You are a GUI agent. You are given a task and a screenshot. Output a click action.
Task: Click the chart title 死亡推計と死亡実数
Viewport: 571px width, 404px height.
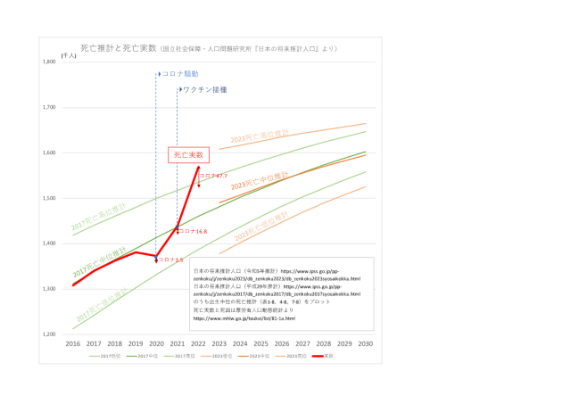(x=106, y=47)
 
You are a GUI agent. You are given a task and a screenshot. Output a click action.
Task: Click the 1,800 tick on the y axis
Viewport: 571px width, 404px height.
(x=48, y=62)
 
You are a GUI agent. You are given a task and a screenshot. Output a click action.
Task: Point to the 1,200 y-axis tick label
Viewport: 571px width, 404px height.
(x=48, y=334)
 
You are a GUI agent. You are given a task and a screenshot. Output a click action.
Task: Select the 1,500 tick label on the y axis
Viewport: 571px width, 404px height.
(x=48, y=198)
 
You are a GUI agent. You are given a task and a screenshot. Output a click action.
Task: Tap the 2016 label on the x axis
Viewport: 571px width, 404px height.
(x=72, y=343)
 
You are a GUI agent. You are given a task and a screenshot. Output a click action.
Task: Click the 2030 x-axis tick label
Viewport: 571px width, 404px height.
(x=366, y=343)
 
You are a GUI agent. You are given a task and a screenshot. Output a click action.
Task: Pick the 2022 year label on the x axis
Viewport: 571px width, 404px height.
(x=198, y=343)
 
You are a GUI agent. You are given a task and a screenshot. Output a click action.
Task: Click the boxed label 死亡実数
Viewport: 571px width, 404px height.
(x=189, y=155)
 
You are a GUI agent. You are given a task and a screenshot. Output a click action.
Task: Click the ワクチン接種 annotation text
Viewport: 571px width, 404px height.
(x=204, y=90)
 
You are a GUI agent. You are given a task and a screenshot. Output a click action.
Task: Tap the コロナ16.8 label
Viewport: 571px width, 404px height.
(x=194, y=231)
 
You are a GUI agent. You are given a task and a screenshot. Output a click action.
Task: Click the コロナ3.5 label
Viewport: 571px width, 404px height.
(x=170, y=260)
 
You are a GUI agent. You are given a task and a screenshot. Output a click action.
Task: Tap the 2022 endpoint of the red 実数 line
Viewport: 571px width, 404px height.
(x=199, y=167)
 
